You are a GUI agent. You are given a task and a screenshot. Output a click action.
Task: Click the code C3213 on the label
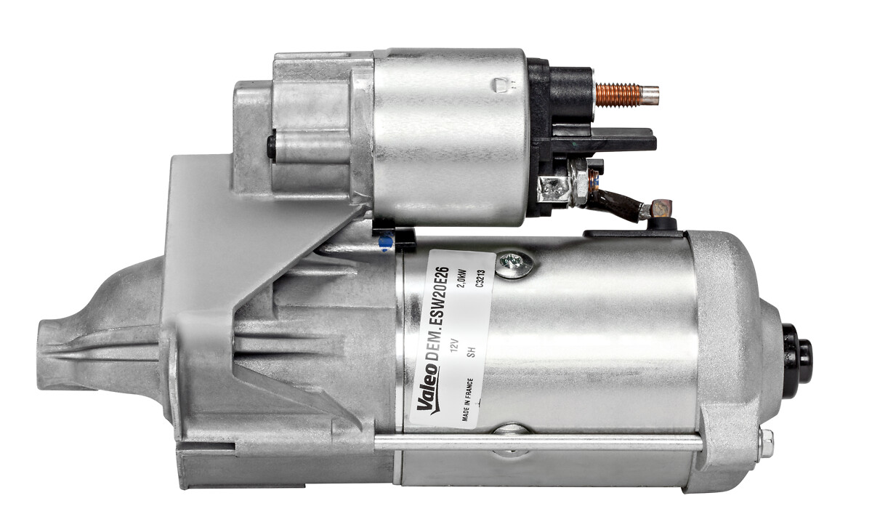pyautogui.click(x=480, y=281)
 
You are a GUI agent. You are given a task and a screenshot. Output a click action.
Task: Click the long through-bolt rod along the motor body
pyautogui.click(x=538, y=441)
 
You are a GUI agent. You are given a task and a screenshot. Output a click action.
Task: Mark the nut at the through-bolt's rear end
pyautogui.click(x=765, y=443)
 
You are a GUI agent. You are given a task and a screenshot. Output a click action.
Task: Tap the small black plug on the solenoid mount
pyautogui.click(x=271, y=147)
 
